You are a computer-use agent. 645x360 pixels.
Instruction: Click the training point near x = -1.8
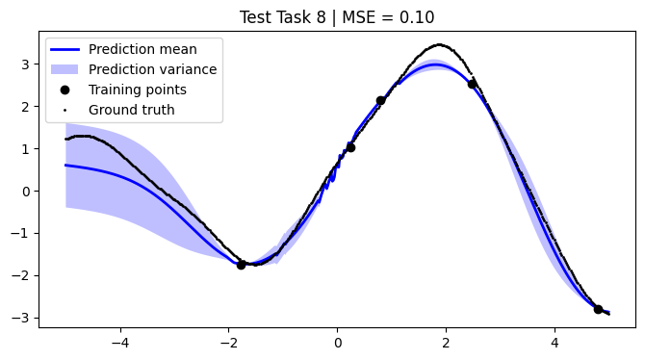point(241,265)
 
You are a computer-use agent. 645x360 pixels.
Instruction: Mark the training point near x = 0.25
point(350,147)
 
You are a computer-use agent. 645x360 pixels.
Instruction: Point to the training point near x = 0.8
point(380,100)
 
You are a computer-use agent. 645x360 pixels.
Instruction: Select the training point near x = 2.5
point(472,84)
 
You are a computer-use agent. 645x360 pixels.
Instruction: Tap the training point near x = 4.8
point(598,309)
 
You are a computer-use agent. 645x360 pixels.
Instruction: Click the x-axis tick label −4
point(120,340)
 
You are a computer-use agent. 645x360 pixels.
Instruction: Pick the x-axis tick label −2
point(229,340)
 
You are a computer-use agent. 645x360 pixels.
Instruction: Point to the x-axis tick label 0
point(338,340)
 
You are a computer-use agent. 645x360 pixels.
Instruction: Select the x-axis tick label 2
point(446,340)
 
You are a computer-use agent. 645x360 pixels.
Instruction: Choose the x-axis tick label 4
point(555,340)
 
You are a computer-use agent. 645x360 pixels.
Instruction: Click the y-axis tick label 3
point(27,64)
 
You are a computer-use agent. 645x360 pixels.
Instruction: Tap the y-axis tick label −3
point(23,318)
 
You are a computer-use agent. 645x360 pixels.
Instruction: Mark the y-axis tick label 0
point(27,191)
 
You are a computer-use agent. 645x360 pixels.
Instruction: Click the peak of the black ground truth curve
point(440,44)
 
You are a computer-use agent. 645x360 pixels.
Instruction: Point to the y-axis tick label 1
point(27,149)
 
